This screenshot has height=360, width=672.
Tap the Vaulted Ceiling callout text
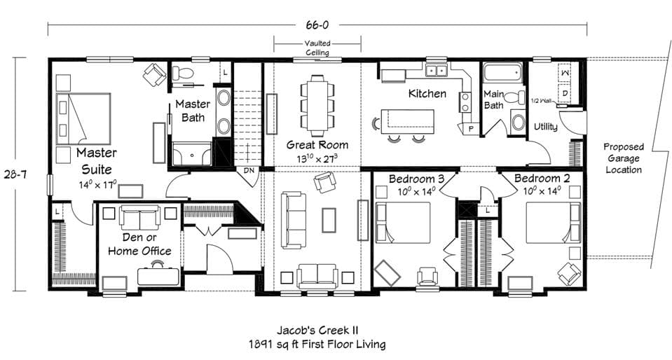[317, 47]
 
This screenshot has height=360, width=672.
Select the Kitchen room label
[427, 93]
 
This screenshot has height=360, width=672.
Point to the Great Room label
[317, 145]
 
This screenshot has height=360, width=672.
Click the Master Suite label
[97, 160]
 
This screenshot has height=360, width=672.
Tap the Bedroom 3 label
[413, 179]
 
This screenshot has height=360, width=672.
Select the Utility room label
[545, 127]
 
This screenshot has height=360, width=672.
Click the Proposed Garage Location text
[623, 158]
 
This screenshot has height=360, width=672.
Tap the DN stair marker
[249, 170]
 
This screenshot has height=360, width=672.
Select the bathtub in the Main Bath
[502, 72]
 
